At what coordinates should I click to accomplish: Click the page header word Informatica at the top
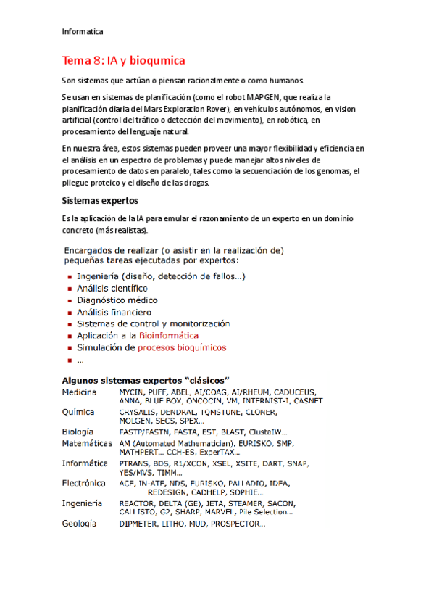pyautogui.click(x=83, y=32)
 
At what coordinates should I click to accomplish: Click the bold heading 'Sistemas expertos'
pyautogui.click(x=100, y=199)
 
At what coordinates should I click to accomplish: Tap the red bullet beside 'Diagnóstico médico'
pyautogui.click(x=69, y=300)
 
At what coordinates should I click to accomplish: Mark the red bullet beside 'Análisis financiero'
pyautogui.click(x=69, y=313)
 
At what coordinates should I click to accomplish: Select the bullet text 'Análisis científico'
pyautogui.click(x=112, y=288)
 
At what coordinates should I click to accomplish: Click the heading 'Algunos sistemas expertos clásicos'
pyautogui.click(x=145, y=381)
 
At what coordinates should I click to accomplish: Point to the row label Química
pyautogui.click(x=78, y=411)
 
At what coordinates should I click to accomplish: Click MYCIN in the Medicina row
pyautogui.click(x=131, y=392)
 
